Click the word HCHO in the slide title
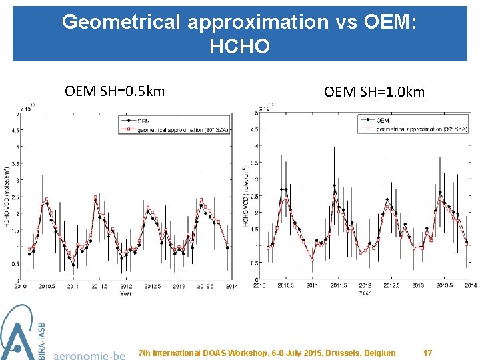[239, 46]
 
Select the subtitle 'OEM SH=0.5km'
[115, 91]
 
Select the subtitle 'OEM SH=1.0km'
[374, 91]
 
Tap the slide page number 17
[427, 353]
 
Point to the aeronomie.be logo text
[89, 354]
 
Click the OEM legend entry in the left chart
[143, 121]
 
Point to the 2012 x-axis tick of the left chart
[126, 286]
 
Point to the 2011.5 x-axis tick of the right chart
[338, 285]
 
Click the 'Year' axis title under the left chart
[126, 293]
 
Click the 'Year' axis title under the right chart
[365, 292]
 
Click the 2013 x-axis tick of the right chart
[417, 285]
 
